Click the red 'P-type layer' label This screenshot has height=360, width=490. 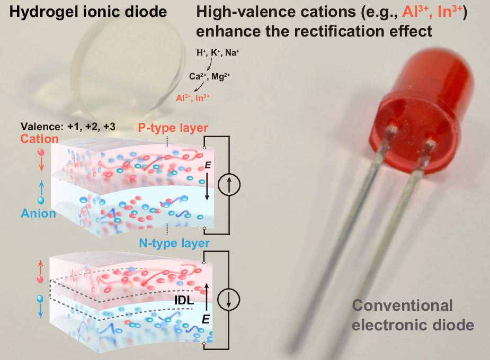173,128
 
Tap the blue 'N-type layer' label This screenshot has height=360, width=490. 174,243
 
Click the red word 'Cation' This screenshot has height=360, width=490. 40,138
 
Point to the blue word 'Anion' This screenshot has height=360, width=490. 38,213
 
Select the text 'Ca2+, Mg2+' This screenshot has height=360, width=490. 212,76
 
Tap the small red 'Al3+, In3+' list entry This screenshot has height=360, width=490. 200,98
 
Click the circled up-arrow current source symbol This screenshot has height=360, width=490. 229,183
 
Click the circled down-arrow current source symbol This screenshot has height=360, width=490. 229,299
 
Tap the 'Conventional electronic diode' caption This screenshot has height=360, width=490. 413,314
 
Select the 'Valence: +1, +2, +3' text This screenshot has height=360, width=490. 68,127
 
